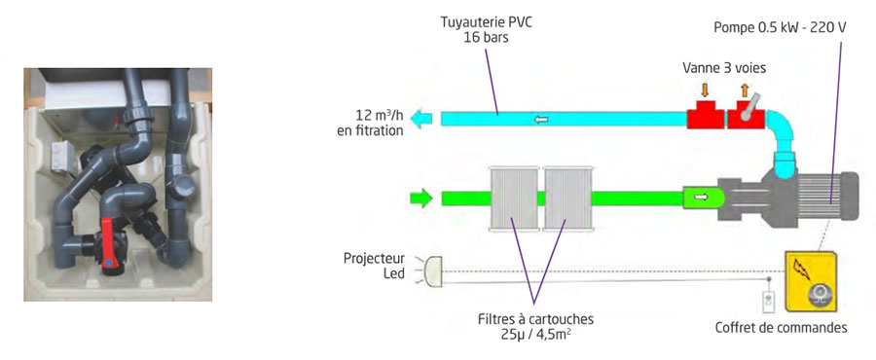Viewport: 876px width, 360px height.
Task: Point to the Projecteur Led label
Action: (x=375, y=267)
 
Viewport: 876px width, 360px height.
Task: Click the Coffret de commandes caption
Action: (x=781, y=328)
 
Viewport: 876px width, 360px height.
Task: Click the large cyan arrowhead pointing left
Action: (x=421, y=119)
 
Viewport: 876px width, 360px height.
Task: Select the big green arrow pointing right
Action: (x=420, y=199)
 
